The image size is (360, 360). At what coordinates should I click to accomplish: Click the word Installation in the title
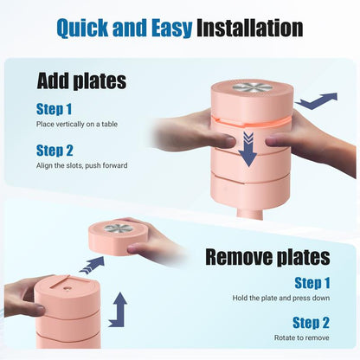pyautogui.click(x=249, y=28)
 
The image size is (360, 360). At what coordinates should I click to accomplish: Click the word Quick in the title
pyautogui.click(x=82, y=29)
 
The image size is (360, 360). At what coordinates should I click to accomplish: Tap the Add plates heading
pyautogui.click(x=81, y=81)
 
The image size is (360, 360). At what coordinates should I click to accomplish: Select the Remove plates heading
pyautogui.click(x=267, y=257)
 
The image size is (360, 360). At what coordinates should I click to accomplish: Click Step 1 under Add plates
pyautogui.click(x=54, y=109)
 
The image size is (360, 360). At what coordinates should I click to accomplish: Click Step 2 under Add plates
pyautogui.click(x=55, y=151)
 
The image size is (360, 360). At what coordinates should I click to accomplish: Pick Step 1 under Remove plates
pyautogui.click(x=312, y=283)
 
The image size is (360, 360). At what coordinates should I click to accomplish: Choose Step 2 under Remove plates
pyautogui.click(x=311, y=323)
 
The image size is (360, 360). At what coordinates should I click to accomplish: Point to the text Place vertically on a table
pyautogui.click(x=77, y=125)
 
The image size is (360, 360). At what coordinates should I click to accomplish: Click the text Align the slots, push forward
pyautogui.click(x=82, y=165)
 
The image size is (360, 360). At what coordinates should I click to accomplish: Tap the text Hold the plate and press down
pyautogui.click(x=281, y=298)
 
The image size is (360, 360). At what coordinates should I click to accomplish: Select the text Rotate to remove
pyautogui.click(x=301, y=337)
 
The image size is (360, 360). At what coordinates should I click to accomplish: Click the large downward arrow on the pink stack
pyautogui.click(x=248, y=149)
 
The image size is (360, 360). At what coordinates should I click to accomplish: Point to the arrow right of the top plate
pyautogui.click(x=316, y=101)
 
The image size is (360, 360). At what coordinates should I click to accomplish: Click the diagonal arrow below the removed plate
pyautogui.click(x=93, y=265)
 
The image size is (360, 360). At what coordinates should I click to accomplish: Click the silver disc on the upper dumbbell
pyautogui.click(x=253, y=87)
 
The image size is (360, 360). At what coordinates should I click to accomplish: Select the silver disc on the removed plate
pyautogui.click(x=119, y=228)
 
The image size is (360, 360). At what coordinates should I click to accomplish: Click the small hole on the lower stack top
pyautogui.click(x=67, y=288)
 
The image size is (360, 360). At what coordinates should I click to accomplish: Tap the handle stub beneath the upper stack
pyautogui.click(x=250, y=214)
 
